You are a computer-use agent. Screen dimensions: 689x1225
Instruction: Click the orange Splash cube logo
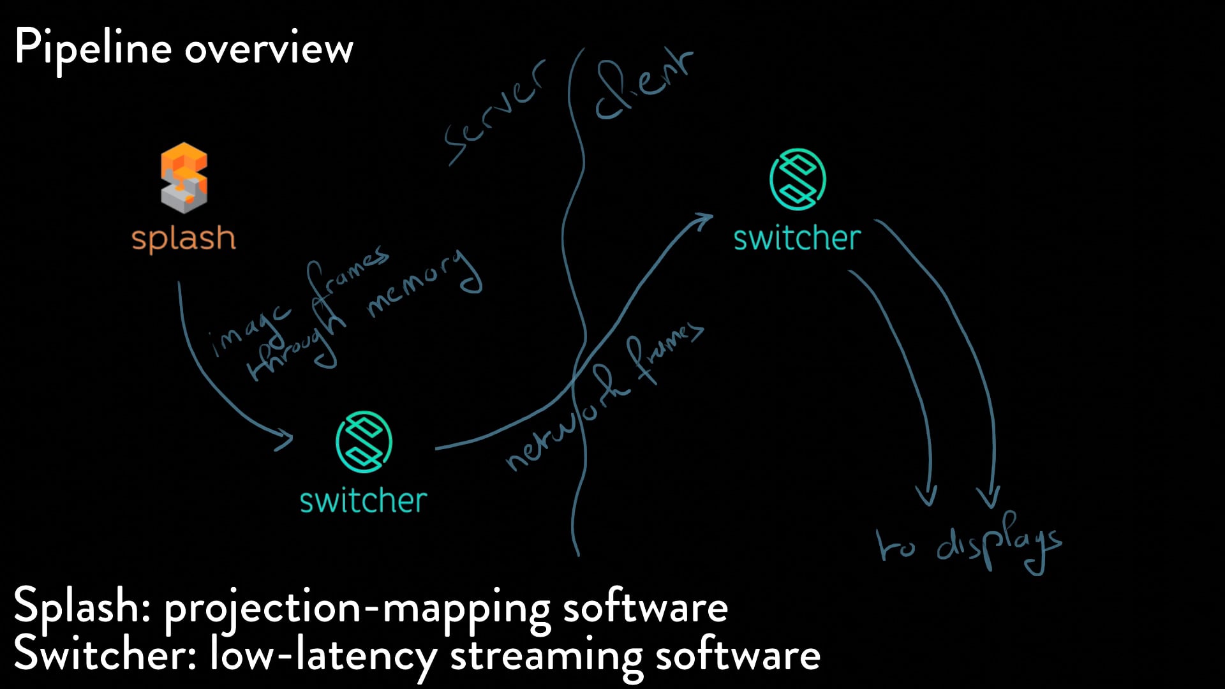pos(184,177)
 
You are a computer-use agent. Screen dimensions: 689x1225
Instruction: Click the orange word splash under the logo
pos(184,239)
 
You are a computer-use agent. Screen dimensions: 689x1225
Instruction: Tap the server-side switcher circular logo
pos(364,441)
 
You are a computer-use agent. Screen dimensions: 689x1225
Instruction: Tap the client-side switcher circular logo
pos(798,179)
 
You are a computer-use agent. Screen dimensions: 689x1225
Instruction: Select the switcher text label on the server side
pos(364,501)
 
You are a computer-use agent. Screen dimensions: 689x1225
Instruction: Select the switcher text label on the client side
pos(797,239)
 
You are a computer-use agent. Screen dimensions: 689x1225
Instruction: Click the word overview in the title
pos(269,48)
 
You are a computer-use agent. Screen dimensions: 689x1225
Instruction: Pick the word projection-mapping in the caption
pos(357,608)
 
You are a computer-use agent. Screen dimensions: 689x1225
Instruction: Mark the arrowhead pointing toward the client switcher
pos(705,219)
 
